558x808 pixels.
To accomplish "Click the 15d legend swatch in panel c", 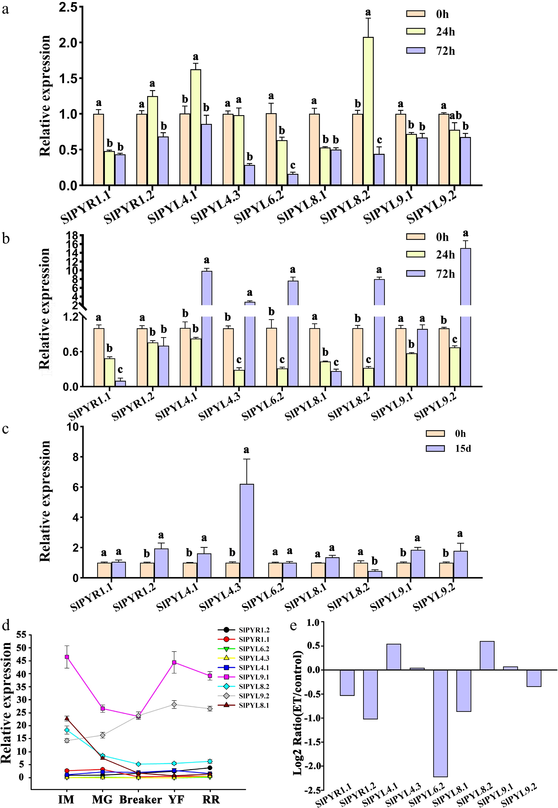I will pos(435,448).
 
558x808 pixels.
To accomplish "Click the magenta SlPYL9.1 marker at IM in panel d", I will pos(67,657).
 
